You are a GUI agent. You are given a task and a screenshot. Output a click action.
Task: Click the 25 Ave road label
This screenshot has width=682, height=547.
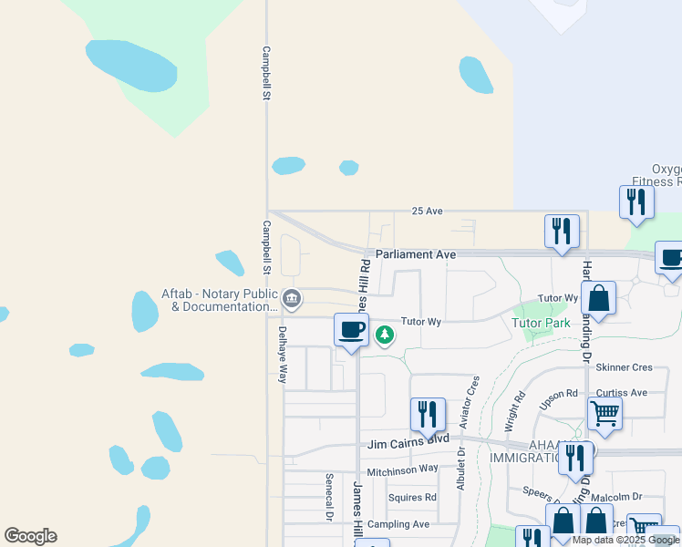(x=427, y=211)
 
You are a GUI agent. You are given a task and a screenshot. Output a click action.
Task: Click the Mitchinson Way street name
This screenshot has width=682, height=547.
(x=402, y=471)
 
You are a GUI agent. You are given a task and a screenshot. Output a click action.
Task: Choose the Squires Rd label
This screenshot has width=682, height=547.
(x=412, y=498)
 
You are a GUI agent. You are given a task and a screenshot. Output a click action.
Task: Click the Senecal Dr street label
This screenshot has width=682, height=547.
(x=328, y=497)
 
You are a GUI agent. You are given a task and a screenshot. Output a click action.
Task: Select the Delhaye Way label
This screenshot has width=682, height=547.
(x=283, y=354)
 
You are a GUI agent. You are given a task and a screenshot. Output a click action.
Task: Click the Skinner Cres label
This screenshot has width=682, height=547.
(x=624, y=367)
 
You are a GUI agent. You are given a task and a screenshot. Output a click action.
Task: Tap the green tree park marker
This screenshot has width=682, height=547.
(x=385, y=335)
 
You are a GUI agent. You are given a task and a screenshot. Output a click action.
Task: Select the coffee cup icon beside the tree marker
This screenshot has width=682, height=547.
(x=351, y=331)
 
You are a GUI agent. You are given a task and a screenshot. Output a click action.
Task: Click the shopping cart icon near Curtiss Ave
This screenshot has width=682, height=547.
(x=604, y=415)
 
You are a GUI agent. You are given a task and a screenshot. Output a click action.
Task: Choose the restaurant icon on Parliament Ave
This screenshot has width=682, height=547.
(x=561, y=232)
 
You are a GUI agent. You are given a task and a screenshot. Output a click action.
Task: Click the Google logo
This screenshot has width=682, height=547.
(x=30, y=536)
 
